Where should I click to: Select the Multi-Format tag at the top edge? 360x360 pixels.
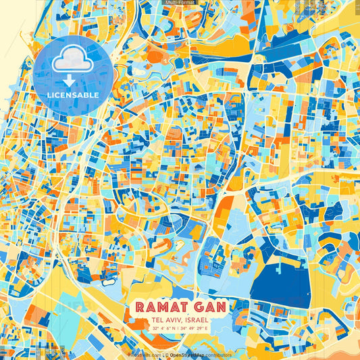(180, 3)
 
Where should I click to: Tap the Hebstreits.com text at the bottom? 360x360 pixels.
(144, 355)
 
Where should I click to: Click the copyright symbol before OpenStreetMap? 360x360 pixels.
(165, 355)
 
